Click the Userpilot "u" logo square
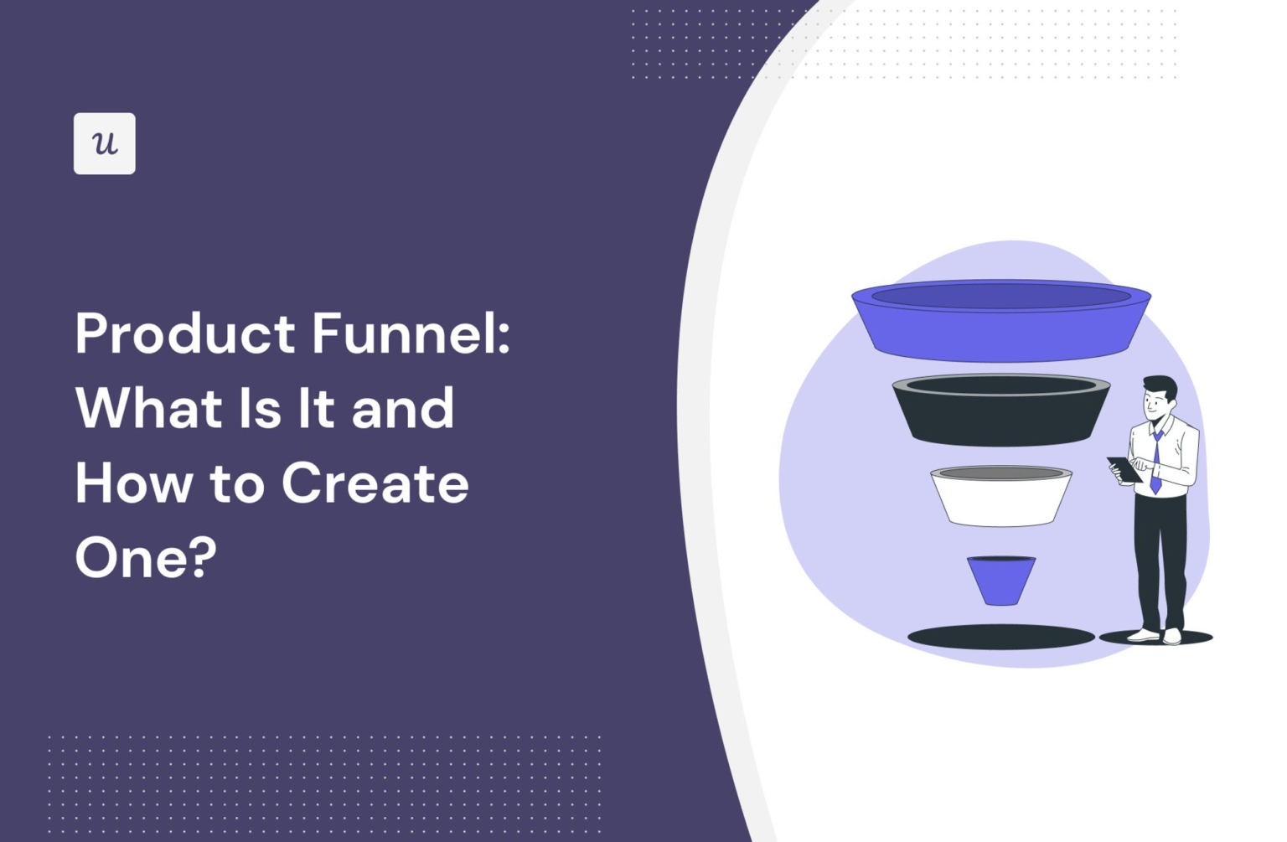pos(104,143)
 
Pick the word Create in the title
pos(375,483)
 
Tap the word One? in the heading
pos(146,557)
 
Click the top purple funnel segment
pos(1000,331)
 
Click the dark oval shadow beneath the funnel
pos(1000,638)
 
